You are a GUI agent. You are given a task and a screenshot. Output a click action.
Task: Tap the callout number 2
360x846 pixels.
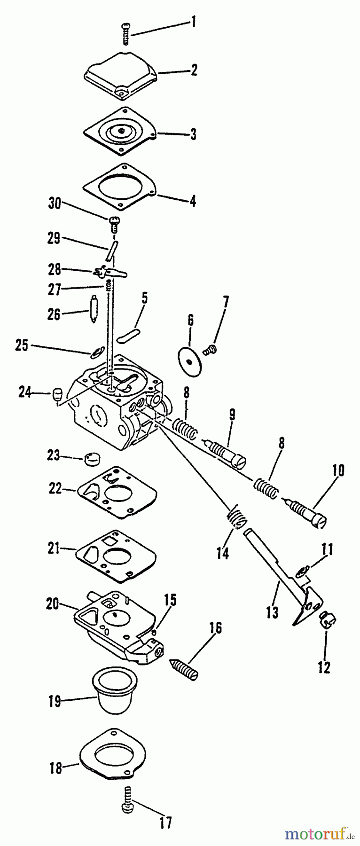194,70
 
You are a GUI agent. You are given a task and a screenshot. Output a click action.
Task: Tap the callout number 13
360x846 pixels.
272,612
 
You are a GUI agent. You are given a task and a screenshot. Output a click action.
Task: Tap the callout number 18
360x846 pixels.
56,768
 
